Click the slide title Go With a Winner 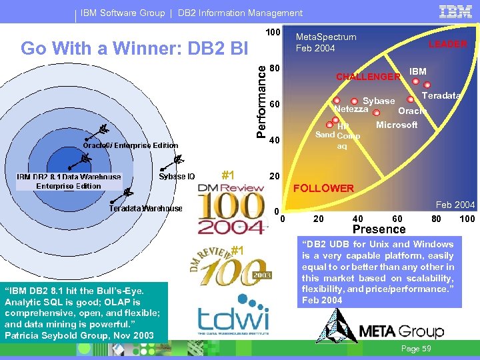coord(134,49)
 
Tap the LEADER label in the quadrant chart coord(447,44)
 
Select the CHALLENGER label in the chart coord(368,77)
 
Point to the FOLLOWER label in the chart coord(324,188)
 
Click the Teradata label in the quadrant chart coord(441,95)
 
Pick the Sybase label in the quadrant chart coord(379,101)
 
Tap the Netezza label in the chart coord(351,109)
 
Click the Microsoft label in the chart coord(397,125)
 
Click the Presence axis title coord(379,229)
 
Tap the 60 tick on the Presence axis coord(397,219)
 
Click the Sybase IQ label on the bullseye coord(177,177)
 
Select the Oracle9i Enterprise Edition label coord(131,145)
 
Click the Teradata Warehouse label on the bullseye coord(145,209)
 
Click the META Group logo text coord(401,331)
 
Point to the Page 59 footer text coord(417,349)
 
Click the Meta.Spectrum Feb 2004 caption coord(326,43)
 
